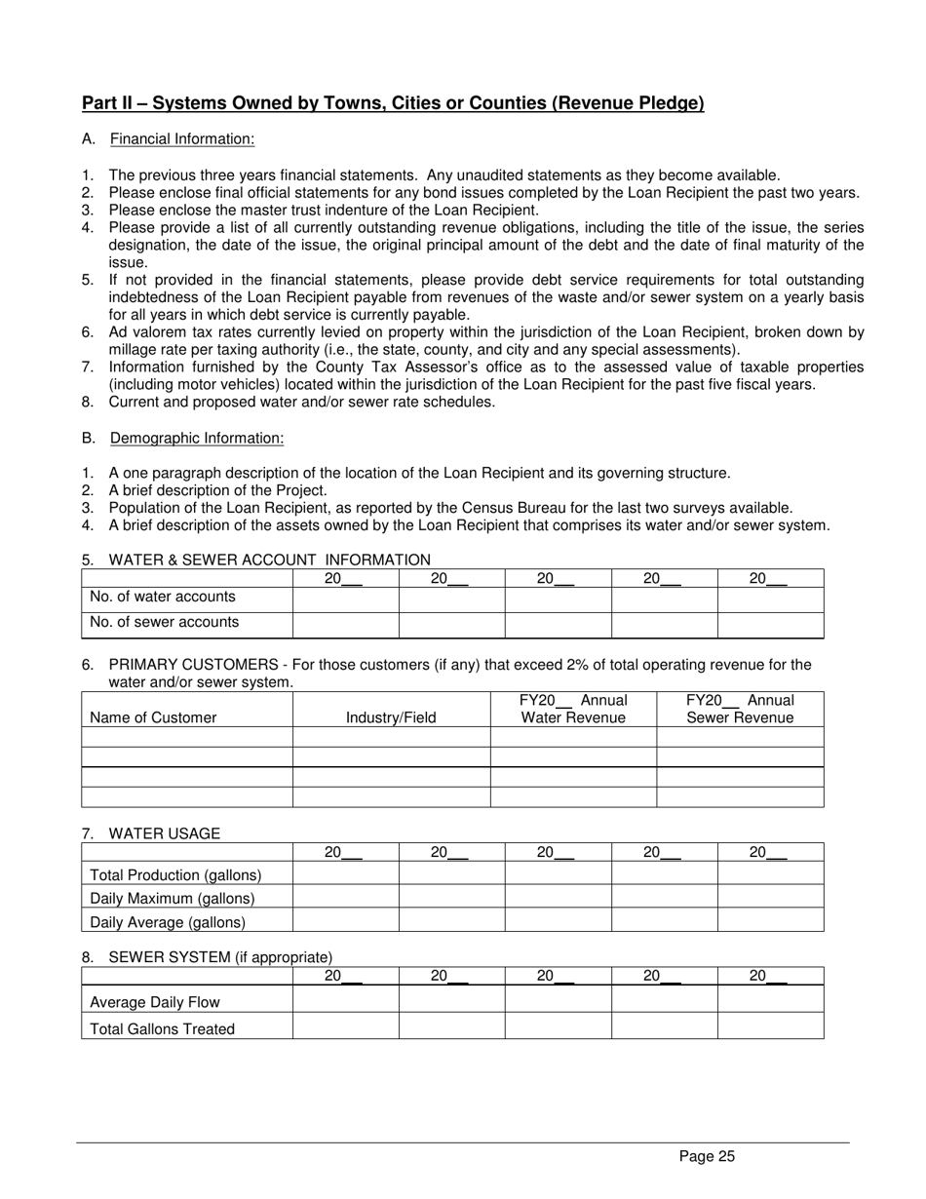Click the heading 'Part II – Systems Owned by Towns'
tap(393, 103)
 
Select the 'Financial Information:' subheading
tap(182, 139)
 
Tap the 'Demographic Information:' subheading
tap(197, 439)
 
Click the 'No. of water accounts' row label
tap(163, 597)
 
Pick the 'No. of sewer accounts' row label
tap(164, 622)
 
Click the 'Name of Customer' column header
tap(153, 717)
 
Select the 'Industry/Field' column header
tap(391, 717)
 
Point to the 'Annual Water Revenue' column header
tap(573, 709)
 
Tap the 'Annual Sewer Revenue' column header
tap(740, 709)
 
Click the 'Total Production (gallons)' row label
tap(175, 874)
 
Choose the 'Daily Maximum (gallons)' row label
tap(173, 898)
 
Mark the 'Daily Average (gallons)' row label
tap(168, 921)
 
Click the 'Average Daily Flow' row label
tap(155, 1002)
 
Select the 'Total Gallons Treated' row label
tap(162, 1028)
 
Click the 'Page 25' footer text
tap(707, 1157)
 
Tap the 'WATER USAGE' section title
tap(165, 833)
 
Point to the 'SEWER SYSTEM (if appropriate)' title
tap(220, 957)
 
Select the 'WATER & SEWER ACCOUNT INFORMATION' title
tap(269, 560)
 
